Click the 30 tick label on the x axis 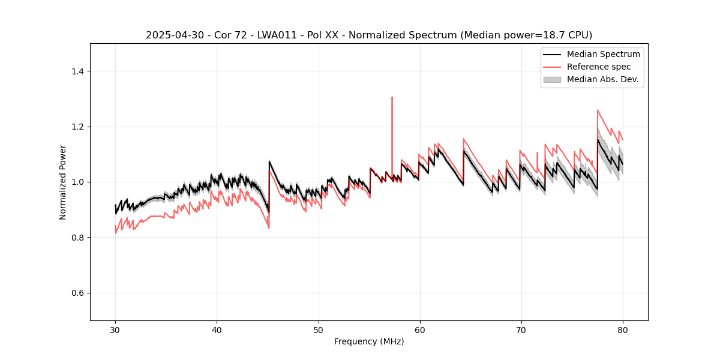coord(115,330)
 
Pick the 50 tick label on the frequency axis coord(318,330)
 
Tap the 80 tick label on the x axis coord(623,330)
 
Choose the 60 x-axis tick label coord(420,330)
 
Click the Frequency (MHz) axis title coord(369,341)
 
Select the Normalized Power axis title coord(63,182)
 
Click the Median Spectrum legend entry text coord(603,54)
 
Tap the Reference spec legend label coord(599,67)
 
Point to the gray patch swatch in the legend coord(552,79)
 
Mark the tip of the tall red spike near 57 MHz coord(392,97)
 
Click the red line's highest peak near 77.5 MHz coord(598,110)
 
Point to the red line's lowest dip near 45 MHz coord(269,228)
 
